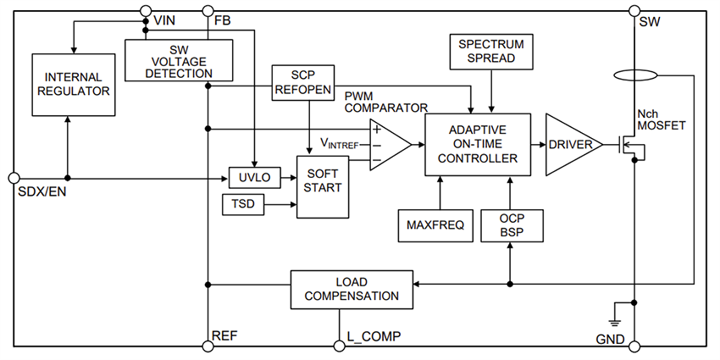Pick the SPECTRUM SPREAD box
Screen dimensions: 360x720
coord(491,52)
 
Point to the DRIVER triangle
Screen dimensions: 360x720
coord(569,145)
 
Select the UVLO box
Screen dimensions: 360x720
coord(248,178)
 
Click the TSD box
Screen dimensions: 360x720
coord(242,204)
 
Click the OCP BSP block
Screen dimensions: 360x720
coord(510,224)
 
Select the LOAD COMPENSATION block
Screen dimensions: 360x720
coord(352,289)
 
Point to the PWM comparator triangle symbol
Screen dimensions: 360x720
coord(387,144)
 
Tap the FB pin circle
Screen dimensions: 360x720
coord(206,11)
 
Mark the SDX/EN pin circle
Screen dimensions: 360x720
coord(13,178)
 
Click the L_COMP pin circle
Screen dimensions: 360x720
coord(337,345)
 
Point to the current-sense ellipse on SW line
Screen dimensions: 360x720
coord(633,76)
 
